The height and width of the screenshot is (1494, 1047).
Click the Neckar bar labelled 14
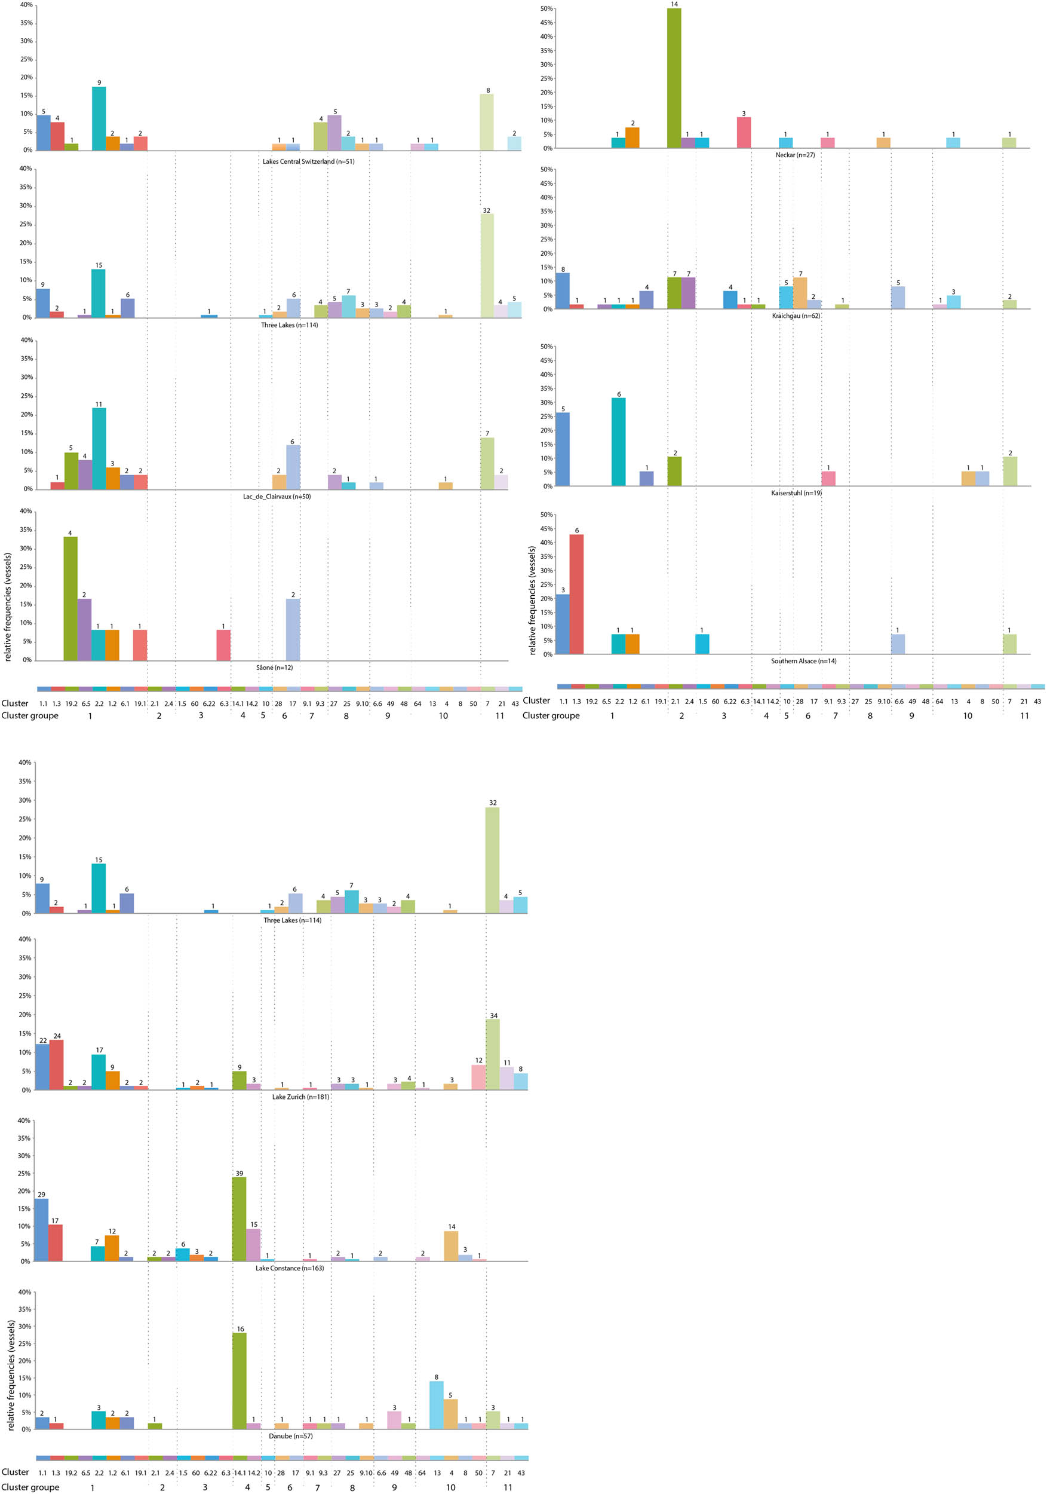(674, 78)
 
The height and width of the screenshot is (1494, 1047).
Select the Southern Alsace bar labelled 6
(576, 594)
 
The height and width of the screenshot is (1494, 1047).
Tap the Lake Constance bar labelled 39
(240, 1219)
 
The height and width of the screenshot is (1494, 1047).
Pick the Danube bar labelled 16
(240, 1381)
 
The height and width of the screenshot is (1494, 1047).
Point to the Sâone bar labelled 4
(70, 598)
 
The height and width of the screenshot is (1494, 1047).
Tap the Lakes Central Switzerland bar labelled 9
(99, 118)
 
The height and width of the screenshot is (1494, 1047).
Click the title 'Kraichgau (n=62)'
(796, 316)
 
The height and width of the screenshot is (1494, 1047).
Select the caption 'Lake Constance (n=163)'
(290, 1268)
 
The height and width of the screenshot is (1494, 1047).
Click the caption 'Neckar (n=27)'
(795, 155)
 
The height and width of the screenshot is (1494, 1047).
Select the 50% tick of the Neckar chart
(546, 8)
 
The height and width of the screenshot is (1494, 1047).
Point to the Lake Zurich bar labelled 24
(57, 1064)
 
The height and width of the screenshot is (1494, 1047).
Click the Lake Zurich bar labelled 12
(478, 1077)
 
